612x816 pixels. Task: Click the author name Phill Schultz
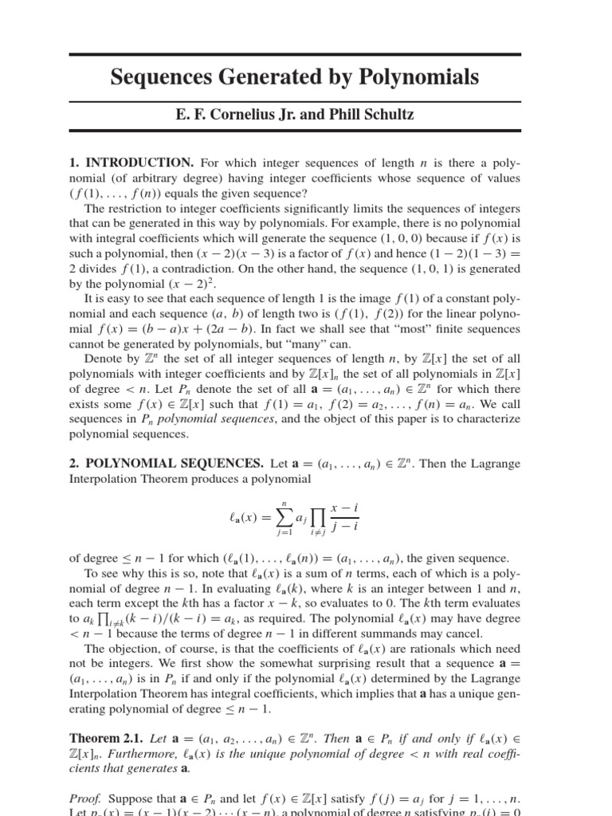[376, 115]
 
